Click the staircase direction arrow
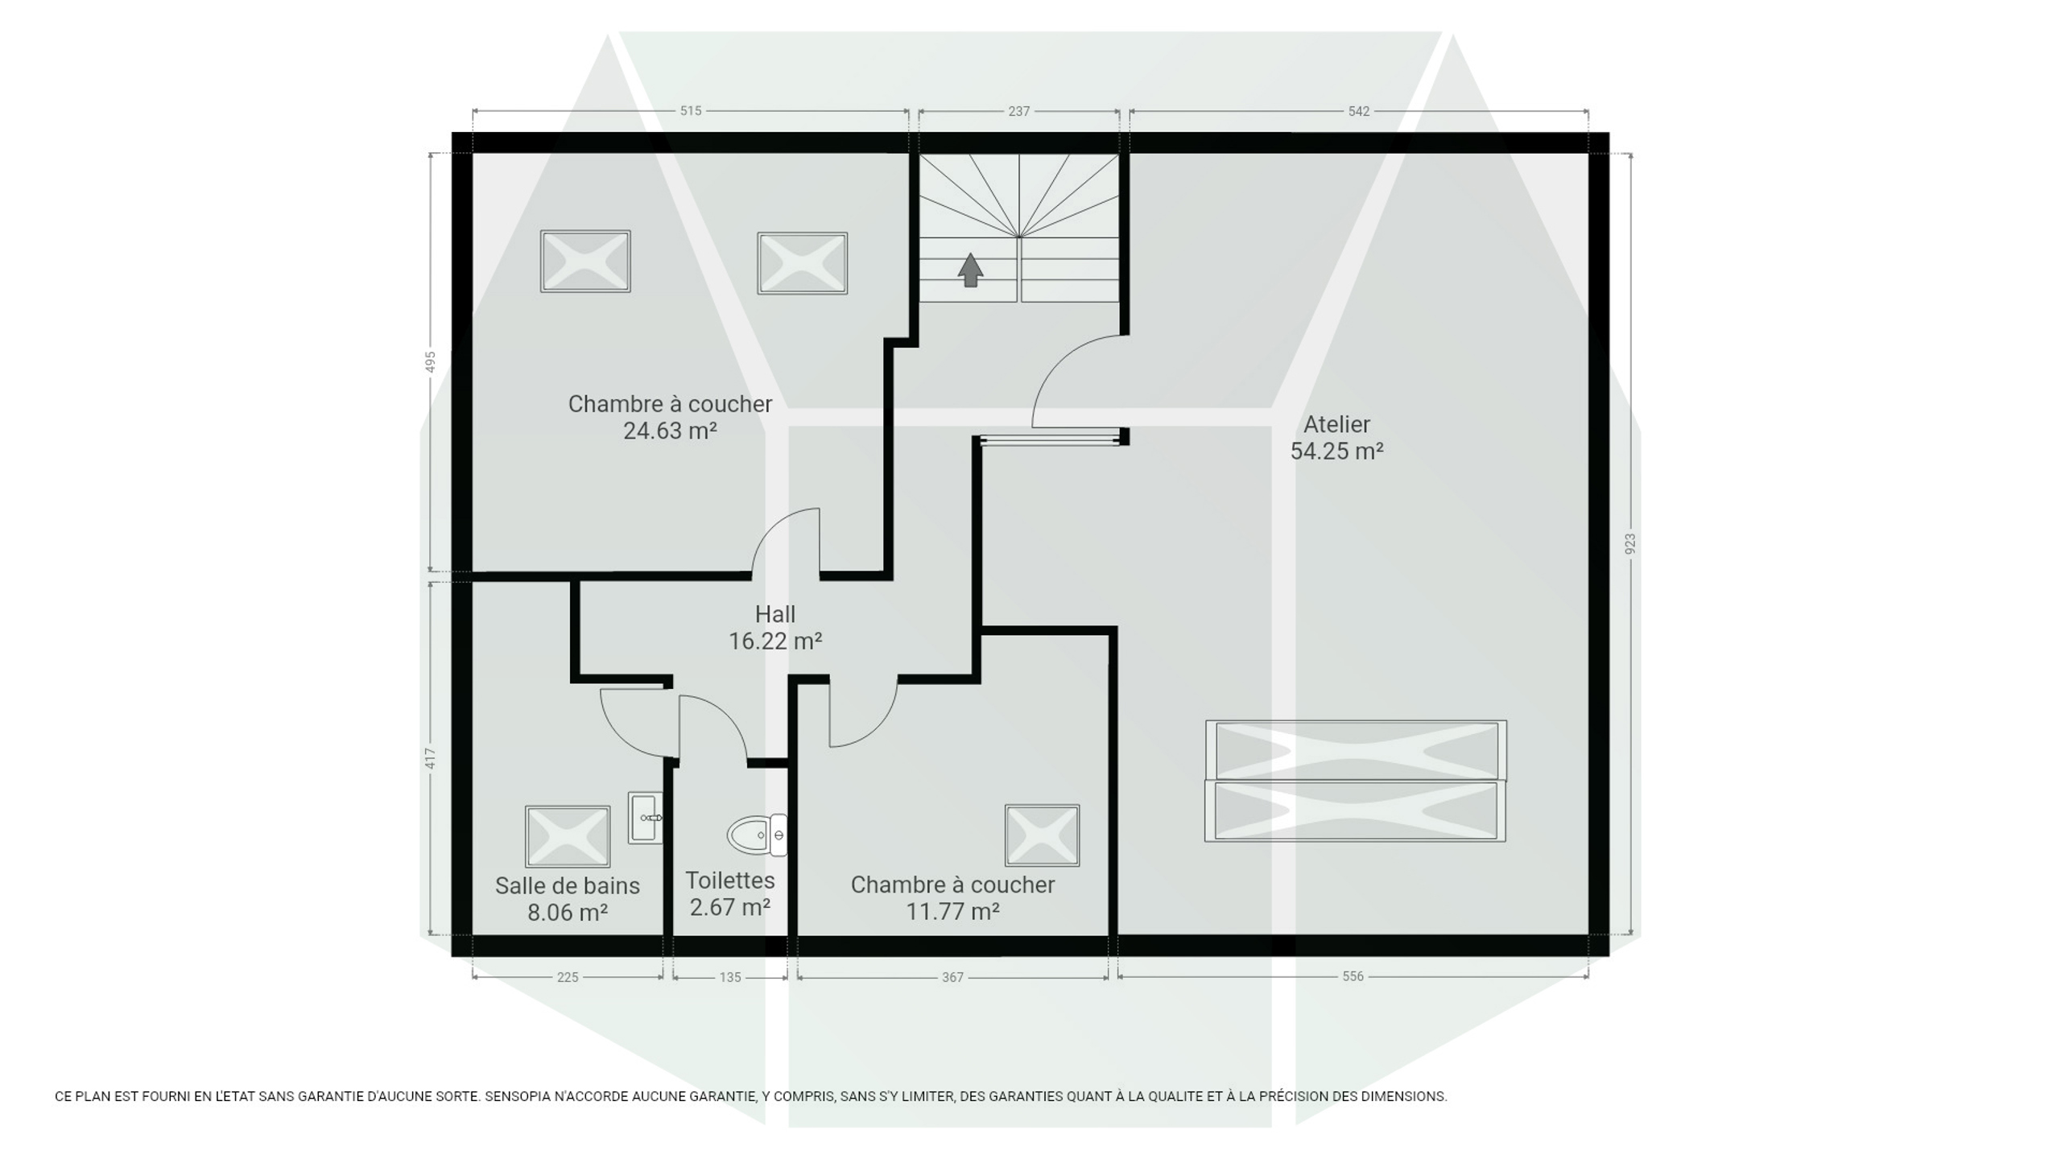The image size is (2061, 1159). [x=971, y=270]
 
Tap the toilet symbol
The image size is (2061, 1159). [x=757, y=835]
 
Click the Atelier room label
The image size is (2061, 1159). [x=1336, y=424]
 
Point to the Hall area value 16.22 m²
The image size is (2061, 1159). [x=775, y=641]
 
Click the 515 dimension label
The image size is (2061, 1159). [x=691, y=111]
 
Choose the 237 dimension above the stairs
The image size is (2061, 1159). [x=1019, y=111]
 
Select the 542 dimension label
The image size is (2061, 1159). [x=1359, y=111]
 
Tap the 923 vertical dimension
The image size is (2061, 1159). [x=1630, y=544]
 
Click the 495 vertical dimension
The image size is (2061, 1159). [x=431, y=362]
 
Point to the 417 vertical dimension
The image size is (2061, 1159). [x=431, y=758]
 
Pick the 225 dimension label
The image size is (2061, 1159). [x=568, y=977]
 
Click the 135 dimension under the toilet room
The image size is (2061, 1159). [x=730, y=977]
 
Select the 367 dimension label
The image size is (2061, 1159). [x=952, y=977]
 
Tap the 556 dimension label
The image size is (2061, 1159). [x=1353, y=976]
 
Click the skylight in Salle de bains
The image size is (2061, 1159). [x=568, y=836]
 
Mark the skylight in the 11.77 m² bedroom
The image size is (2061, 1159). [x=1042, y=835]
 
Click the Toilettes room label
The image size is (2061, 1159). [x=730, y=881]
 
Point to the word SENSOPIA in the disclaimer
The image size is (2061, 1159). [x=516, y=1096]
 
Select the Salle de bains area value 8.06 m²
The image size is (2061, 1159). [x=568, y=913]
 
